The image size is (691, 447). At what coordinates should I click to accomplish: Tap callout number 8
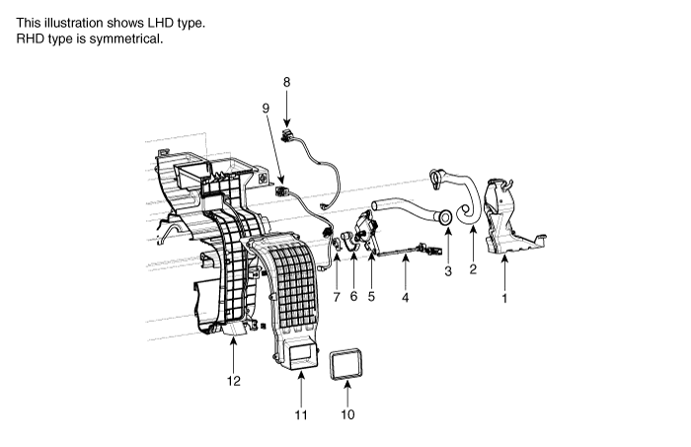coord(286,82)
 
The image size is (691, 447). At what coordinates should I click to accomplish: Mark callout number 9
coord(266,107)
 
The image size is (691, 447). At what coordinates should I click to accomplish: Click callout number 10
coord(347,414)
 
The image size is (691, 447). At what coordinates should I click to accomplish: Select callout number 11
coord(300,414)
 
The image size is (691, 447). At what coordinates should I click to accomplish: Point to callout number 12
coord(234,381)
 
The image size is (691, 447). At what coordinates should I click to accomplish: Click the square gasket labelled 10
coord(348,365)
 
